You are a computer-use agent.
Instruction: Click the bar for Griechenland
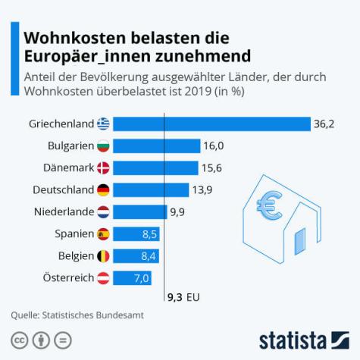click(x=212, y=124)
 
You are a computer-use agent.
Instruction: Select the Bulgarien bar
click(x=156, y=146)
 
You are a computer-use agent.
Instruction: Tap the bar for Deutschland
click(x=152, y=189)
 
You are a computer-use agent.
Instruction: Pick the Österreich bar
click(x=133, y=278)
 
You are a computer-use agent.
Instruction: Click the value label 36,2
click(x=325, y=124)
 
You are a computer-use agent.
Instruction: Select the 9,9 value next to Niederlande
click(x=177, y=212)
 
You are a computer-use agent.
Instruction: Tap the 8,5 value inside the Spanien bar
click(x=149, y=234)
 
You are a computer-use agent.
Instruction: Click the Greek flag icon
click(x=103, y=124)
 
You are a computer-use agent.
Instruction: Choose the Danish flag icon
click(x=103, y=167)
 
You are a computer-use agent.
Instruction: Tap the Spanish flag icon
click(x=103, y=234)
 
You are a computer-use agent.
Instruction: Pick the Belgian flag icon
click(x=103, y=256)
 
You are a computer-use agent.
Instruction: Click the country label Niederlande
click(x=64, y=212)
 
